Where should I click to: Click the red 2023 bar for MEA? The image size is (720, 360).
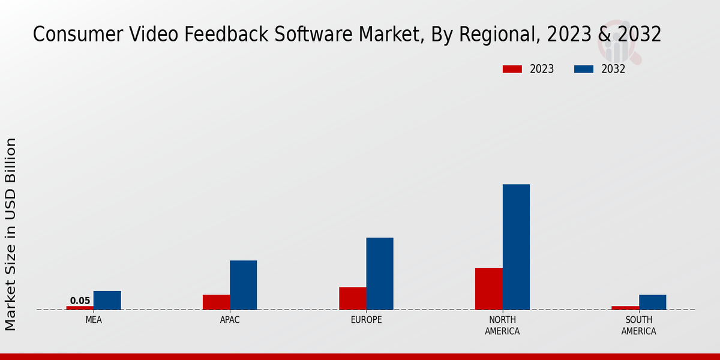point(80,308)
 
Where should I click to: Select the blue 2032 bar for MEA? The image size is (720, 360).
point(107,300)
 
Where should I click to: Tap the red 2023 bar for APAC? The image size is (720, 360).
point(216,302)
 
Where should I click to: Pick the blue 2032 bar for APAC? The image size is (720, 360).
point(243,285)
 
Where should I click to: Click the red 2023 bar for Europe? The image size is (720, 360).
point(353,298)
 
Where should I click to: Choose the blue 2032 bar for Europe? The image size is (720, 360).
point(380,274)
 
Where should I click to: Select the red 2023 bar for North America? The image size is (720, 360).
point(489,289)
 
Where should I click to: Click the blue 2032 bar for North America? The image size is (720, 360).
point(516,247)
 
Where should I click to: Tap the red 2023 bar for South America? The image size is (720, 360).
point(625,308)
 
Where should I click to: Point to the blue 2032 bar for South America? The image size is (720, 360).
point(652,302)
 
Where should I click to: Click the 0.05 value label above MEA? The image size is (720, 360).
point(80,301)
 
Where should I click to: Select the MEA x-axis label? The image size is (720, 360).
point(94,320)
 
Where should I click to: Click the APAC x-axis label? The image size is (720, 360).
point(230,320)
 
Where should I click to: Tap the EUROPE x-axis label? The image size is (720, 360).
point(366,320)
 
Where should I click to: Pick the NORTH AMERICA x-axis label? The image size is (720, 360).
point(502,325)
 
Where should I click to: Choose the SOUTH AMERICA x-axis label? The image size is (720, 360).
point(638,325)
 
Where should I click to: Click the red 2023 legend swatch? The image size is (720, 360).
point(512,69)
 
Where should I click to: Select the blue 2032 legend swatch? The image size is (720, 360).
point(583,69)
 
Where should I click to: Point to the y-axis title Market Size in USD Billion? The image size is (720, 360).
point(11,234)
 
